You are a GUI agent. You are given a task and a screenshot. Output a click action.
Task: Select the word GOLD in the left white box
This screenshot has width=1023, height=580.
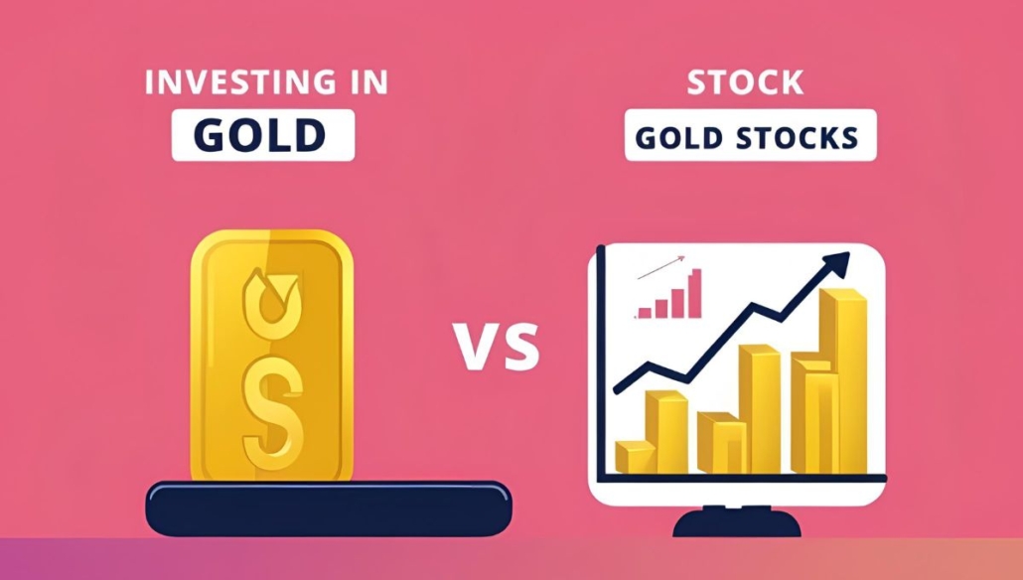tap(259, 135)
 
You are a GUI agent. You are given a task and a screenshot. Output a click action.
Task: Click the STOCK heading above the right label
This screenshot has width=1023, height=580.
tap(745, 82)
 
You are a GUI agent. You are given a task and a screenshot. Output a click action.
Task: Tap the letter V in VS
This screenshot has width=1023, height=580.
tap(477, 346)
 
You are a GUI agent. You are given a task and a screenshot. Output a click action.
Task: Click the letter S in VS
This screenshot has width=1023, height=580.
tap(521, 346)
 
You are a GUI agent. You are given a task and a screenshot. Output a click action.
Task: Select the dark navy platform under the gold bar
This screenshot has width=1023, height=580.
tap(328, 508)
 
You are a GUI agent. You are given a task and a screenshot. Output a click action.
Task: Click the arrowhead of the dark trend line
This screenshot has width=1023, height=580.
tap(837, 263)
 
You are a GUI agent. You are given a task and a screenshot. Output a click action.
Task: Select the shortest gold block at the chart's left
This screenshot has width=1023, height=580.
tap(636, 457)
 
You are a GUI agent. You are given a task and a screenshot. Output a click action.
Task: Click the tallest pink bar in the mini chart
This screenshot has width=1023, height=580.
tap(695, 294)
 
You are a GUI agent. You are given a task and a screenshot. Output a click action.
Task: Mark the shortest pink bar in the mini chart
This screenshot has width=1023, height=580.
tap(645, 313)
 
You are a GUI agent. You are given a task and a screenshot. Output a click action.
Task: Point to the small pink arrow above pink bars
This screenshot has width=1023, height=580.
tap(660, 267)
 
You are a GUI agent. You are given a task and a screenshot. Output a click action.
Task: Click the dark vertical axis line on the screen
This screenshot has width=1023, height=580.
tap(601, 362)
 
